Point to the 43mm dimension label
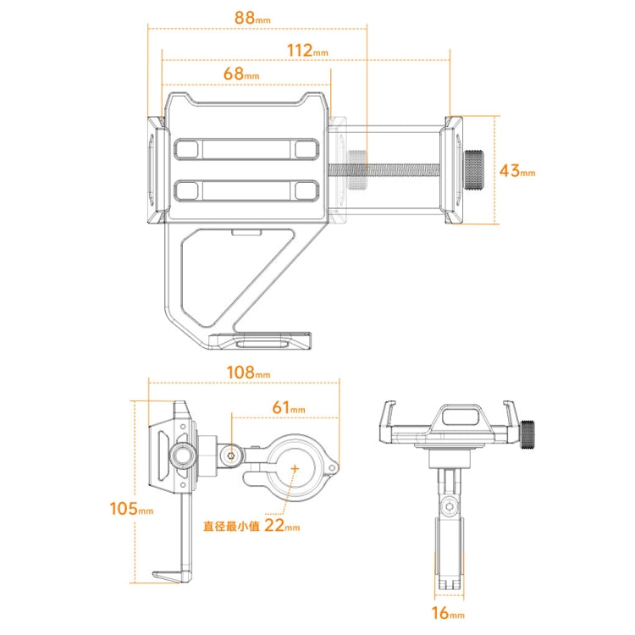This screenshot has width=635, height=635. pos(517,170)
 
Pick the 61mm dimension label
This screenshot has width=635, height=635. pos(290,408)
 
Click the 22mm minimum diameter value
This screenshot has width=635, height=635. pos(281,526)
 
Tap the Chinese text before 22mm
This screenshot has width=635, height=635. pos(230,526)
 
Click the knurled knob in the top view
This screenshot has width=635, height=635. pos(476,171)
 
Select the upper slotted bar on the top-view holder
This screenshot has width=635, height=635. pos(246,150)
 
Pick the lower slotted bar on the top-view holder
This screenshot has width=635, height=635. pos(246,190)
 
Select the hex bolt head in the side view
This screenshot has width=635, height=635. pos(230,456)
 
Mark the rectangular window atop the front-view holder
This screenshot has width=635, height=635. pos(457,416)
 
